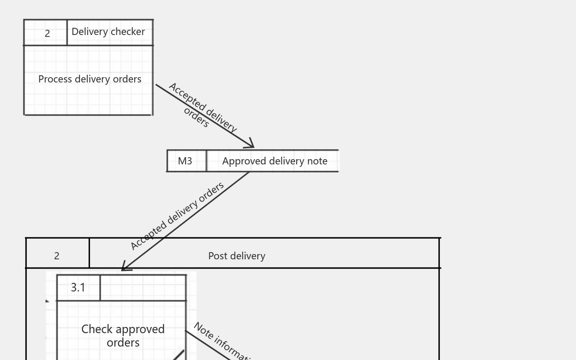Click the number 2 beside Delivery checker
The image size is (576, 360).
[47, 34]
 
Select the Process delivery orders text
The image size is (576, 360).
[90, 79]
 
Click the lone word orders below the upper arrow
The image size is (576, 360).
[196, 117]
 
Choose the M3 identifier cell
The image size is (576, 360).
[185, 161]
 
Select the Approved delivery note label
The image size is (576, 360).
[275, 161]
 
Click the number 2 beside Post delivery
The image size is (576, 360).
[57, 256]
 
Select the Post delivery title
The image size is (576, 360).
[237, 256]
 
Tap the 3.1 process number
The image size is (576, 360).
[78, 288]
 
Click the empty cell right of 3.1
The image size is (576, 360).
[143, 288]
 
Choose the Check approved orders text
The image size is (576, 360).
[123, 336]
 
